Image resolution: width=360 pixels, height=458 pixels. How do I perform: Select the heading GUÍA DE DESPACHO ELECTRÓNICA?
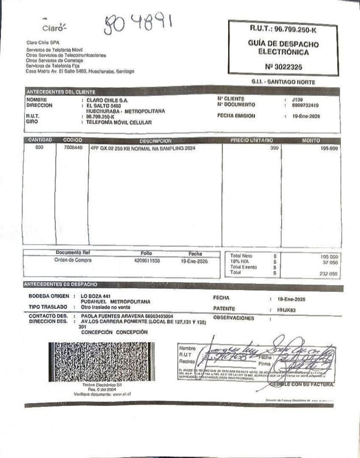pos(283,48)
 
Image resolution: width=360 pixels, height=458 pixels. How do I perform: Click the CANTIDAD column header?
pos(40,140)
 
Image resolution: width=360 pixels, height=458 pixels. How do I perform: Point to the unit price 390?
pos(274,148)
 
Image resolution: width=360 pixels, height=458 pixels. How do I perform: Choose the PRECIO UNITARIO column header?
pos(252,140)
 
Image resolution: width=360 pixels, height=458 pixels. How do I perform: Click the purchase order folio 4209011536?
pos(146,261)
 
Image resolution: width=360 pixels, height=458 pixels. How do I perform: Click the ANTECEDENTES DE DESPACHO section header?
pos(61,284)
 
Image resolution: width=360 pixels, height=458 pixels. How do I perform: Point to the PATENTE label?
pos(225,309)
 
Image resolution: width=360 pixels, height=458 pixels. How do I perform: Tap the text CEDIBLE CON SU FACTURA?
pos(302,384)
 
